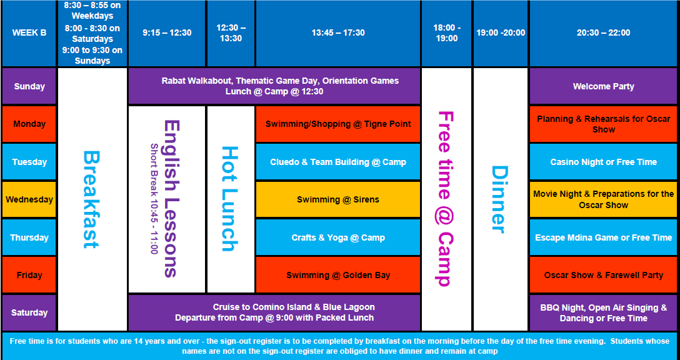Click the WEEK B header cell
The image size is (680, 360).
coord(29,33)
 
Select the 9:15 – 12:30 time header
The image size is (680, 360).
coord(167,33)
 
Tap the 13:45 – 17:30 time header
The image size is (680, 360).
coord(338,33)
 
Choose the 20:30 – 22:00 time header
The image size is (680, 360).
coord(603,33)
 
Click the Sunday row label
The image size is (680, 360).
coord(29,86)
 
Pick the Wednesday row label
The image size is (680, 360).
coord(29,199)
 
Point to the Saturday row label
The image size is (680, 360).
coord(29,312)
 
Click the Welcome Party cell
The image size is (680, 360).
coord(603,86)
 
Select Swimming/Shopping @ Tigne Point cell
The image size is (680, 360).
coord(338,124)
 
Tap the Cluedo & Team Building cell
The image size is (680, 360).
coord(338,162)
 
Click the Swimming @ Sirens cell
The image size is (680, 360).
coord(338,199)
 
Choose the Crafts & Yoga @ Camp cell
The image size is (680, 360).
coord(338,237)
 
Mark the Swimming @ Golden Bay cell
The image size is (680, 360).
coord(338,275)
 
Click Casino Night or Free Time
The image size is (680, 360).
coord(603,162)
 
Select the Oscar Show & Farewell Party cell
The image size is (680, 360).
coord(603,275)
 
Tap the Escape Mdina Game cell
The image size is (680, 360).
coord(603,237)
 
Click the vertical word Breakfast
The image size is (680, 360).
coord(91,199)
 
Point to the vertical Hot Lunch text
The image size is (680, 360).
coord(230,199)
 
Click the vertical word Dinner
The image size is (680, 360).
coord(499,199)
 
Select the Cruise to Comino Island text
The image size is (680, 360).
coord(274,312)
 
